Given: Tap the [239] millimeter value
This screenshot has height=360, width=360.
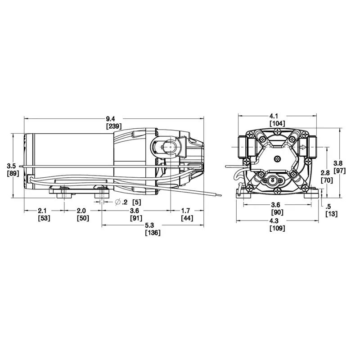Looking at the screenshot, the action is coord(114,126).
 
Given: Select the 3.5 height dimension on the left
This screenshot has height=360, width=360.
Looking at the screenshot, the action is coord(11,166).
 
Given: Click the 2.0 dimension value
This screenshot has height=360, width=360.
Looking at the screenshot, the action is coord(81,211).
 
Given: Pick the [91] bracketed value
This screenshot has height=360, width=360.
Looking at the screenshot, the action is coord(136,218).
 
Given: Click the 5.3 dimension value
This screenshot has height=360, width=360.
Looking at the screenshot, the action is coord(149,225).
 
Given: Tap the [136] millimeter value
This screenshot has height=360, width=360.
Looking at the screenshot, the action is coord(153,233).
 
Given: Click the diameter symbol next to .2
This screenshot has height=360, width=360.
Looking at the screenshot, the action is coord(118,202).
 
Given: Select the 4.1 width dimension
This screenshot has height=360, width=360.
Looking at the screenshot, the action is coord(277,116).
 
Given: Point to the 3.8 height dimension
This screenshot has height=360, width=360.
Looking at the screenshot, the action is coord(338,163).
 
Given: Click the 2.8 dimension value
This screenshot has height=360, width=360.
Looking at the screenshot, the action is coord(325,173).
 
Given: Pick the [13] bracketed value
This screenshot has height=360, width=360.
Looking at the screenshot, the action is coord(332,214).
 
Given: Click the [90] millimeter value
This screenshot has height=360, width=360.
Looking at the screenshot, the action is coord(277,212).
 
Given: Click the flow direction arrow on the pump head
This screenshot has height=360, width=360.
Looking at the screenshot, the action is coord(303,147).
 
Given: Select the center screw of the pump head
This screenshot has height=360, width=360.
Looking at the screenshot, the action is coord(278,159).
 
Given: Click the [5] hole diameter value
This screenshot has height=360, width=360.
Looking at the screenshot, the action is coord(137,202).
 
